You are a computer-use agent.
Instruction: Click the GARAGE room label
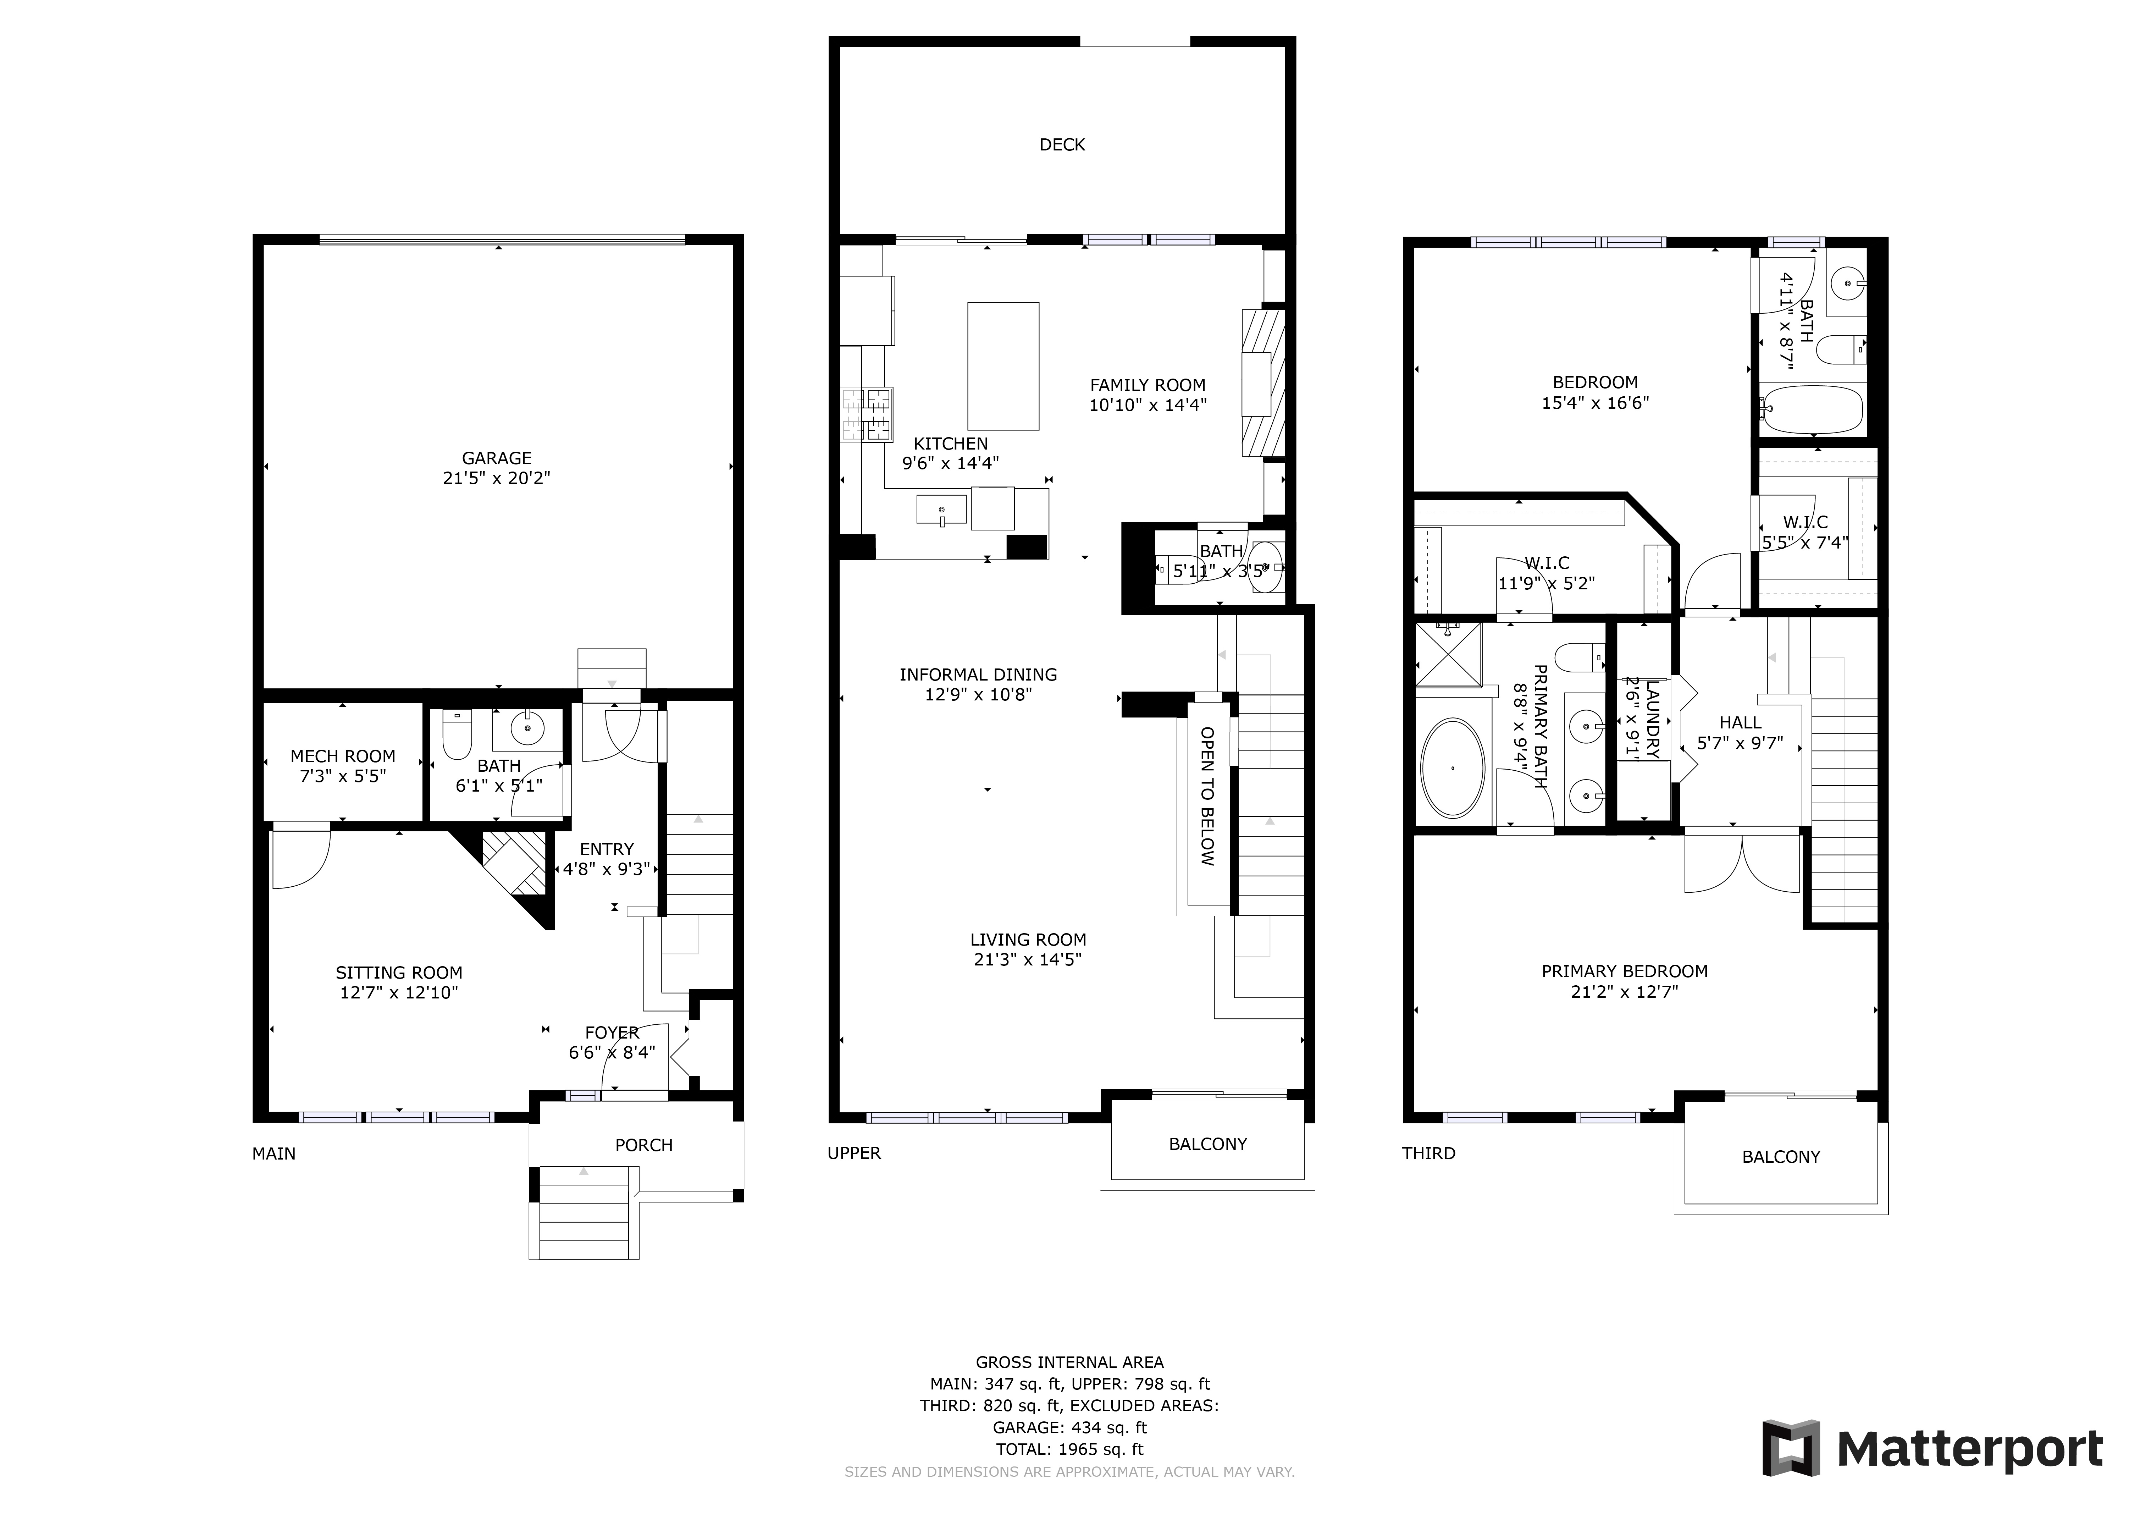pos(497,458)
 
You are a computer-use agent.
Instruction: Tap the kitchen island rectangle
pos(1003,365)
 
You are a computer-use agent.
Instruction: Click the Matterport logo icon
pos(1791,1448)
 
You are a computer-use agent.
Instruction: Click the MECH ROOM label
pos(343,756)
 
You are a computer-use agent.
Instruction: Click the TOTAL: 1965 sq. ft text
pos(1069,1449)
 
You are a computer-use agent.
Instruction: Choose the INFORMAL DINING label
pos(978,674)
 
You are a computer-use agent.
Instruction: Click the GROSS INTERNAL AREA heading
pos(1069,1362)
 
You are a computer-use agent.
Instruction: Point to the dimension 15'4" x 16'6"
pos(1595,403)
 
